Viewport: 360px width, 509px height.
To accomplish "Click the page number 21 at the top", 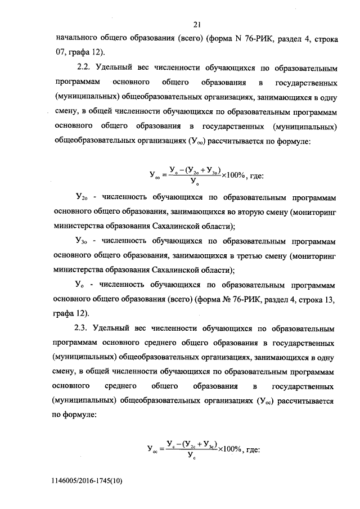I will tap(197, 24).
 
